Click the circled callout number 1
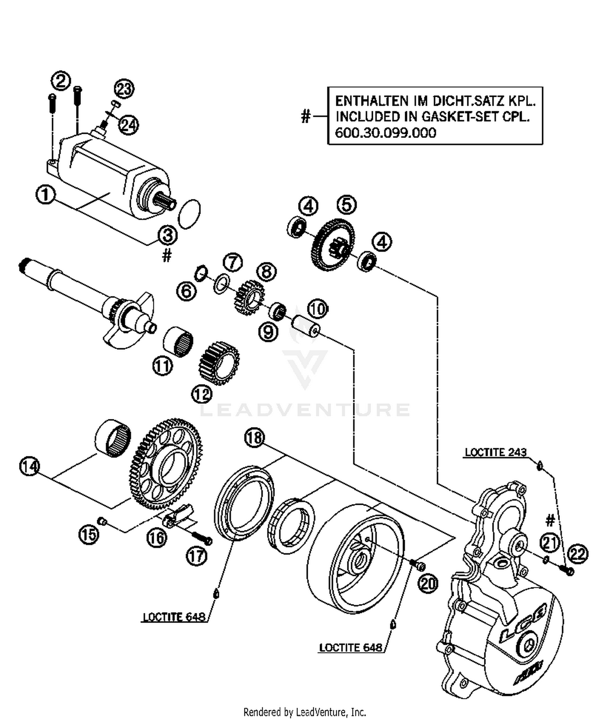(46, 194)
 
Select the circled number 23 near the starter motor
(124, 89)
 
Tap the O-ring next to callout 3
(190, 214)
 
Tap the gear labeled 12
(219, 363)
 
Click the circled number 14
(29, 466)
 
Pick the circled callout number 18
(255, 438)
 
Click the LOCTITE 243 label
(495, 452)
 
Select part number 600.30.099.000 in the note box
(385, 133)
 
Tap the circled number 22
(578, 554)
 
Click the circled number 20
(428, 584)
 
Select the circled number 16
(157, 538)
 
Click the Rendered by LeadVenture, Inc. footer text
(305, 712)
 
